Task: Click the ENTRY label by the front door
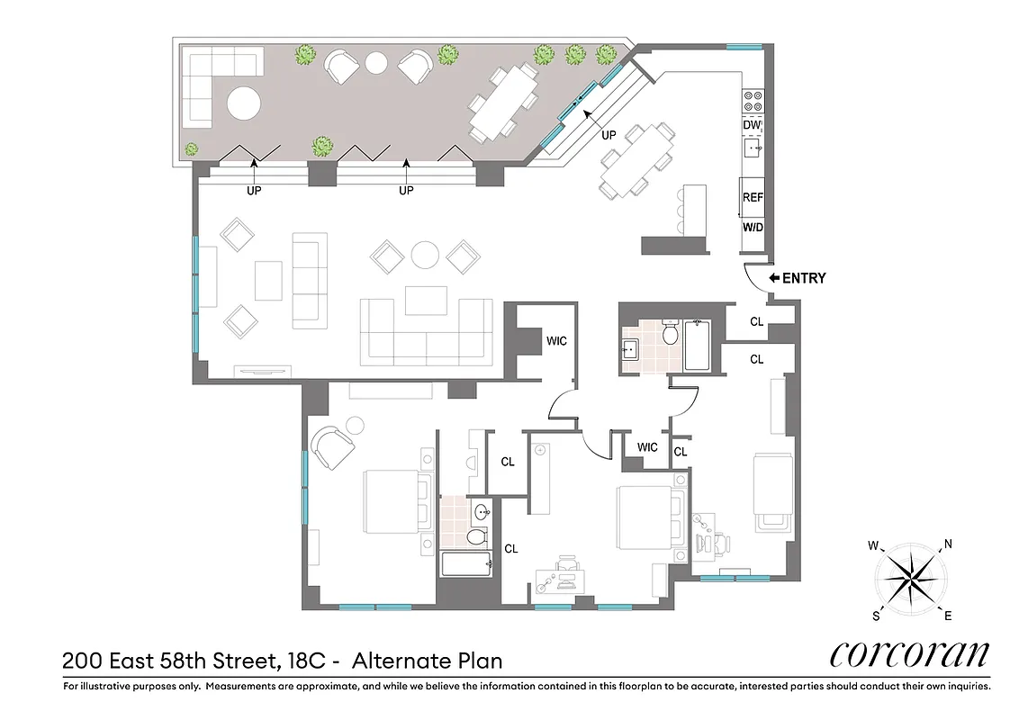click(x=803, y=278)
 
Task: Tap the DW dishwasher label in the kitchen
click(x=753, y=125)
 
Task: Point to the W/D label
click(x=753, y=227)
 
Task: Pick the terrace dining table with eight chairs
click(x=503, y=103)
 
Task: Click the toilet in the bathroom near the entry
click(x=670, y=334)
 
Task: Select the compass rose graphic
click(x=911, y=575)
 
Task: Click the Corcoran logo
click(x=908, y=654)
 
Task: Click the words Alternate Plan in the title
click(x=427, y=661)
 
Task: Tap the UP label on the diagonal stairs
click(x=609, y=134)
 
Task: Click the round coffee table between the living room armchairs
click(x=425, y=254)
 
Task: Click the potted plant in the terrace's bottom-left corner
click(x=191, y=149)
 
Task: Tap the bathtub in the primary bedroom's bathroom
click(x=466, y=564)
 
